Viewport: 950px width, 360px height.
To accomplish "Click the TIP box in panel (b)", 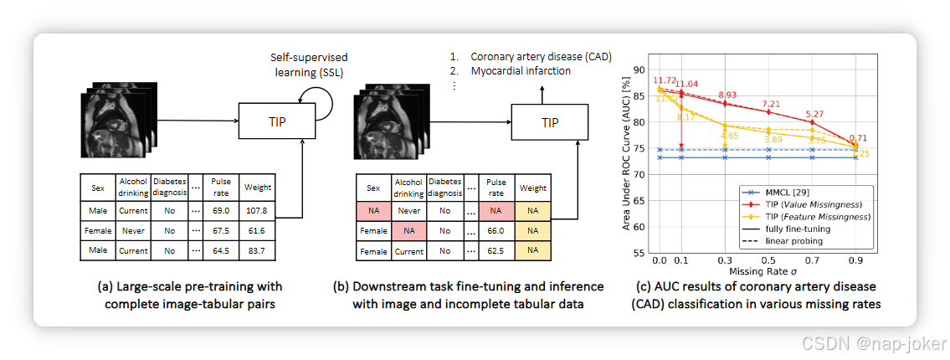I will click(549, 122).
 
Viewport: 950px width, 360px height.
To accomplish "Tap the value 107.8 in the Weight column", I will click(256, 210).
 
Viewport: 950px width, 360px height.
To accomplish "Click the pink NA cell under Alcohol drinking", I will click(408, 231).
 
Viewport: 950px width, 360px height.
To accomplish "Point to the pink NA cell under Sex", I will click(372, 211).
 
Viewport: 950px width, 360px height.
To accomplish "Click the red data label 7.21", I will click(769, 104).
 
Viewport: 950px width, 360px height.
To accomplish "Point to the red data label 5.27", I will click(814, 115).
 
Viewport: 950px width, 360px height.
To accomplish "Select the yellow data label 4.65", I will click(727, 136).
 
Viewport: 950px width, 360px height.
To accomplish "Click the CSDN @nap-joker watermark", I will click(873, 343).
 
